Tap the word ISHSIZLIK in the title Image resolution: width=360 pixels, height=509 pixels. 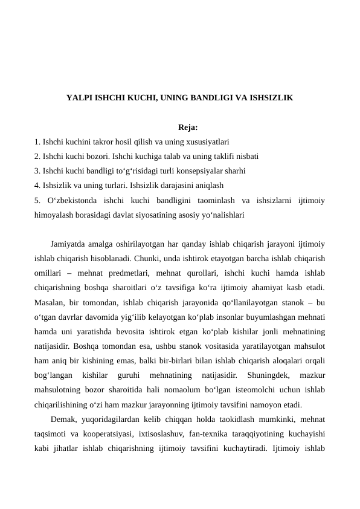[271, 97]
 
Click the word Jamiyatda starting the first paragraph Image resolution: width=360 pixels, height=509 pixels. [69, 244]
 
